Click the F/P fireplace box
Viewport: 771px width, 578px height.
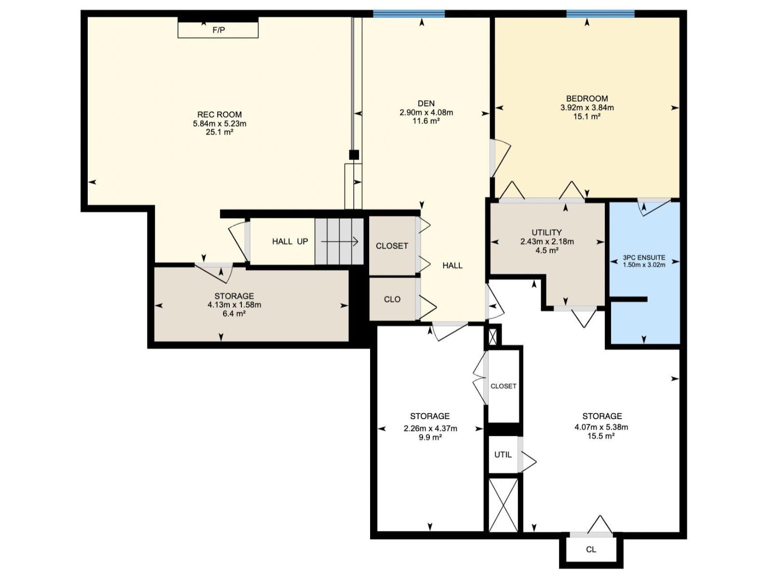tap(218, 30)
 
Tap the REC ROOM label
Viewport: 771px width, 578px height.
tap(219, 115)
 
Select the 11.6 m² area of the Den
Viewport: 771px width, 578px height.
tap(426, 121)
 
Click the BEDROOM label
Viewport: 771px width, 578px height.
tap(587, 99)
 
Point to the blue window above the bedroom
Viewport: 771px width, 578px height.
tap(600, 14)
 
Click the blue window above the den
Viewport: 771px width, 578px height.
tap(409, 14)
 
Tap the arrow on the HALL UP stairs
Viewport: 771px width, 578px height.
tap(340, 242)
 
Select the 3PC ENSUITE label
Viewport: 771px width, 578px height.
tap(644, 258)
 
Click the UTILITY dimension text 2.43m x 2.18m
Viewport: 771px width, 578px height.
tap(547, 242)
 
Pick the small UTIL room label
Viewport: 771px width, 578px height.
tap(503, 455)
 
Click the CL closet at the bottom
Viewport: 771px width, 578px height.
tap(591, 550)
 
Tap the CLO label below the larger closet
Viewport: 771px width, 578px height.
tap(392, 300)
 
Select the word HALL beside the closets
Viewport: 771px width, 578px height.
tap(452, 265)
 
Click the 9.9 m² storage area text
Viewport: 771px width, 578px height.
tap(430, 438)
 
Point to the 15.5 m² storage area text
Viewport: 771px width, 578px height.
tap(601, 436)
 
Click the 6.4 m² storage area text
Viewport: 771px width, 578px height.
tap(234, 314)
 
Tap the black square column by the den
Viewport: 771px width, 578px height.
tap(354, 155)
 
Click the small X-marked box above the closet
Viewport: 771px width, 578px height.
tap(492, 336)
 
